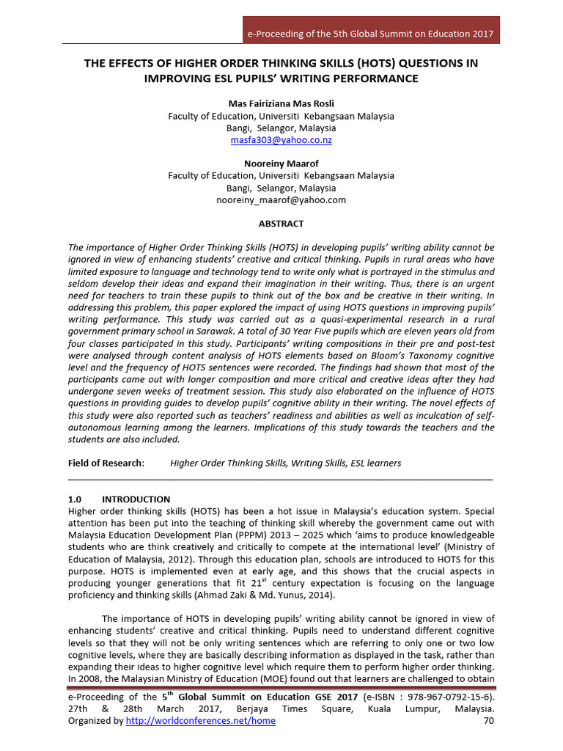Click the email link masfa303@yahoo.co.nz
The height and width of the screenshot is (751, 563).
(281, 139)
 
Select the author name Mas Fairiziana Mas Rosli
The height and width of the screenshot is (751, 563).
(281, 104)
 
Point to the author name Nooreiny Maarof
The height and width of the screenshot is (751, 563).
(281, 164)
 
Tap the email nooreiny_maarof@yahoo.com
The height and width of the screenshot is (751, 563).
(281, 199)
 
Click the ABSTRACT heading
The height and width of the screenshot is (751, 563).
(281, 224)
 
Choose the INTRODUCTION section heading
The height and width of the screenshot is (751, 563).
(136, 499)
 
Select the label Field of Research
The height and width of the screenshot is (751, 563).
(106, 463)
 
